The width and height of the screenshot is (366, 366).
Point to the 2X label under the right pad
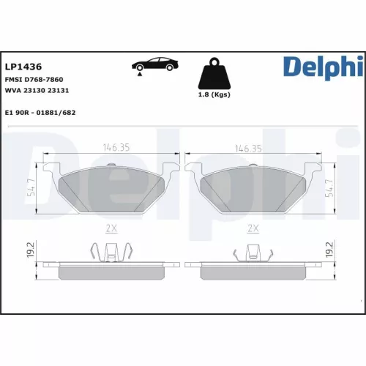pos(253,228)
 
